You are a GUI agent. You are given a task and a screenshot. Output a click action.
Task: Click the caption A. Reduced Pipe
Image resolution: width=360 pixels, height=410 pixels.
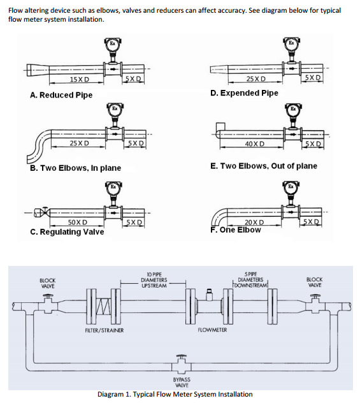coord(61,95)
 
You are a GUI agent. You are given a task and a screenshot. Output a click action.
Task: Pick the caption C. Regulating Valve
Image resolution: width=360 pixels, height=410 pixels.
coord(67,232)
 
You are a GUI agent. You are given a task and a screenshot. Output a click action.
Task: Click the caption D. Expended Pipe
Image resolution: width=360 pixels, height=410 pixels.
coord(244,93)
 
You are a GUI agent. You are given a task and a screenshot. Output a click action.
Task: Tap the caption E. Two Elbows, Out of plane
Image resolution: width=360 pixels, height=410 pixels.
coord(263,166)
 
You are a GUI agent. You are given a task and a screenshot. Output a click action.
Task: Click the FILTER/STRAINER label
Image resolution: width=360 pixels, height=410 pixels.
coord(104,330)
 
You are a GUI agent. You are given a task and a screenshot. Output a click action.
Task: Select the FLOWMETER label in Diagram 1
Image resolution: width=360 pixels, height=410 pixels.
coord(213,330)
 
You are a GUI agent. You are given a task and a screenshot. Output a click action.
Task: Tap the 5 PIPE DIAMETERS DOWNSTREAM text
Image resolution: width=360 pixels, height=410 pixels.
coord(250,279)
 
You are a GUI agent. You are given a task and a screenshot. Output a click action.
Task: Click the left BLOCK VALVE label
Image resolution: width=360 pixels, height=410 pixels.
coord(48,282)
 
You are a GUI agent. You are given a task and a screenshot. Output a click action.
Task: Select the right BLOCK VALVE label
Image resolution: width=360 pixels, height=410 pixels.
coord(314,282)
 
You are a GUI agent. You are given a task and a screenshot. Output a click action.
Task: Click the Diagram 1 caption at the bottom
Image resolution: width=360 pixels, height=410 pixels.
coord(175,394)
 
